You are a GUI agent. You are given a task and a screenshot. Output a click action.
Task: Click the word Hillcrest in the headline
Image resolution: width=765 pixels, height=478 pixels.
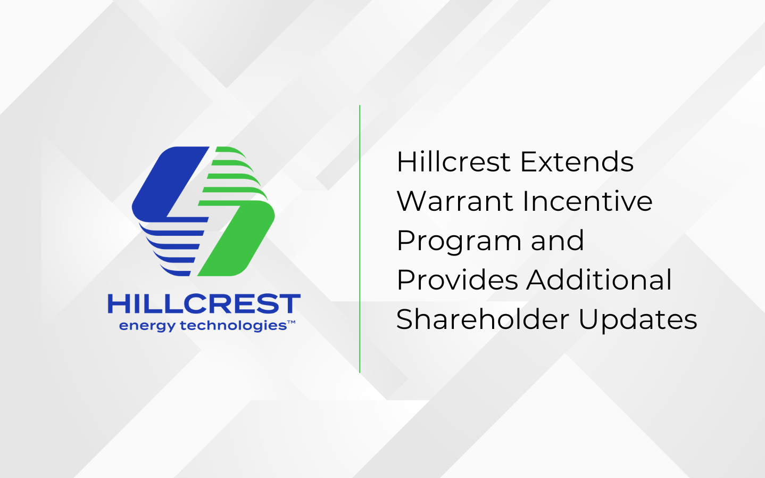coord(453,162)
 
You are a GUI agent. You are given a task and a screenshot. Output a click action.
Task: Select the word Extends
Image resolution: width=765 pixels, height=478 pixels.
coord(577,162)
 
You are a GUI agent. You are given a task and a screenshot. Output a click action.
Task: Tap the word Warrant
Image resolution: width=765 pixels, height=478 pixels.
coord(454,201)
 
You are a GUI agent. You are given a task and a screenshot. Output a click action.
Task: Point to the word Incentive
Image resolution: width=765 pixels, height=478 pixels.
coord(587,201)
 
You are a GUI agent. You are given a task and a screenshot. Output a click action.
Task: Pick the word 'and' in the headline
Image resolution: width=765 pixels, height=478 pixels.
coord(558,241)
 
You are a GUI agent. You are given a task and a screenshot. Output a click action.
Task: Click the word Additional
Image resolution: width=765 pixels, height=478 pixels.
coord(600,280)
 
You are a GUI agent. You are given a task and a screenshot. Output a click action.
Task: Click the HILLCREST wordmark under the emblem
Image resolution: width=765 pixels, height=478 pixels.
coord(204,304)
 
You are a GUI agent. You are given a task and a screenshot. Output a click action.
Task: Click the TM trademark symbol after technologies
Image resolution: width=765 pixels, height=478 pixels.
coord(292,323)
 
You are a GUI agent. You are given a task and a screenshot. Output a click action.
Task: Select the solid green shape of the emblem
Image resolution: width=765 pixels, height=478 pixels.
coord(239,240)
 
